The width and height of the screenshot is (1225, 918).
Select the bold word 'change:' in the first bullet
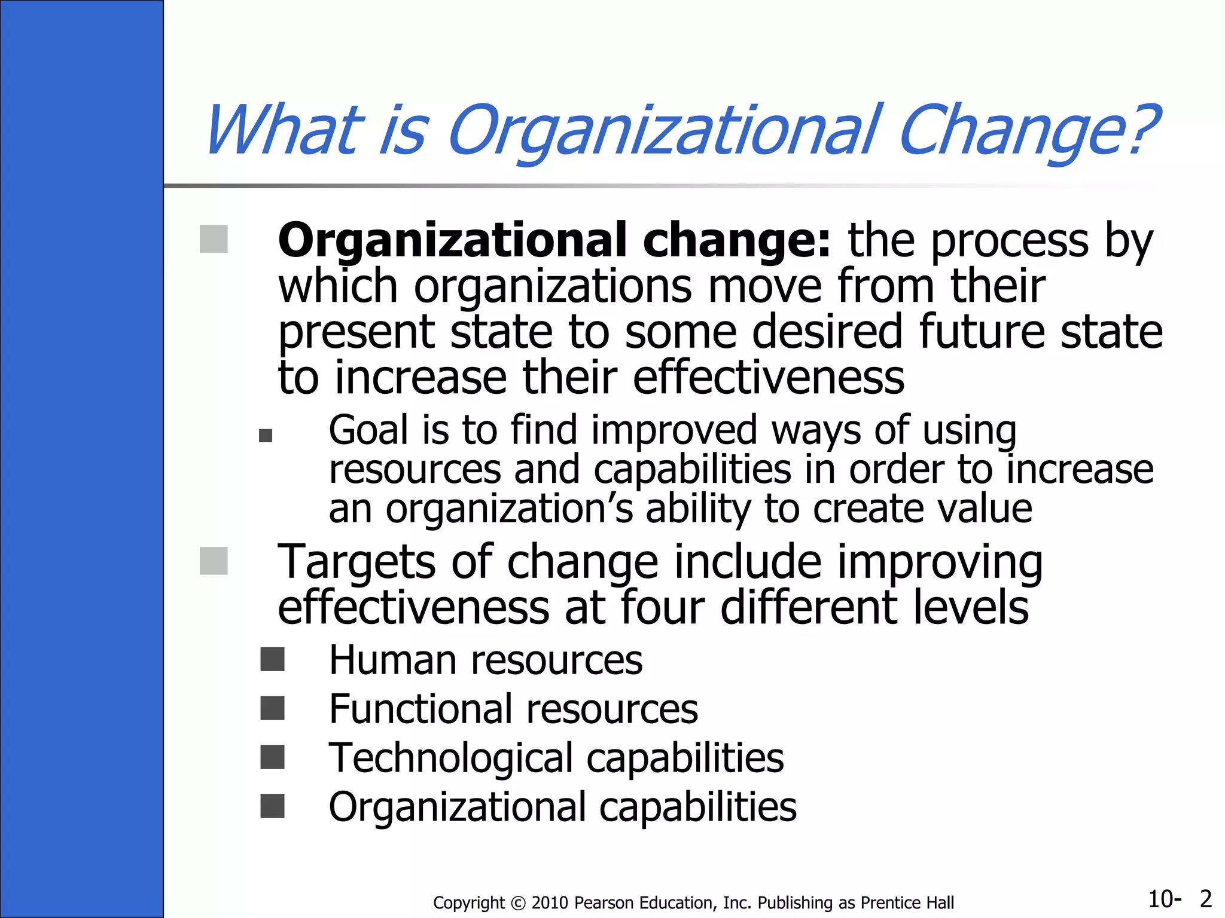coord(736,240)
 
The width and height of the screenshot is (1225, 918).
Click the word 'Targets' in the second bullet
coord(356,562)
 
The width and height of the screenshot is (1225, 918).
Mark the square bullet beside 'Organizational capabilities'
coord(273,806)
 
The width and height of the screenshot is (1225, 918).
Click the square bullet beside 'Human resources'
coord(273,660)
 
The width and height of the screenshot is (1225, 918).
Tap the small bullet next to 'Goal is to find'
coord(266,436)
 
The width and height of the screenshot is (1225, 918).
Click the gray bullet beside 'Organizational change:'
coord(214,239)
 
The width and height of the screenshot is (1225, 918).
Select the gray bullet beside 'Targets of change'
coord(214,561)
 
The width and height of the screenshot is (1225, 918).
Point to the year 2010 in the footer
coord(550,902)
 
